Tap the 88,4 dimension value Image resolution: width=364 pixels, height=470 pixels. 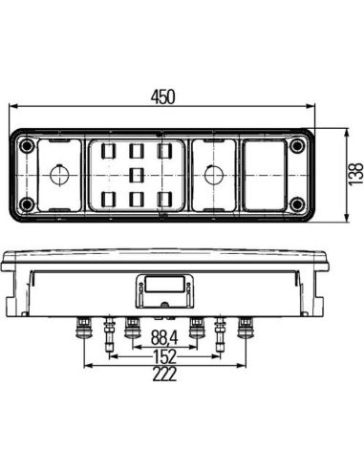(x=163, y=337)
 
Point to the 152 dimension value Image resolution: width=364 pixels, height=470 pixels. (x=163, y=355)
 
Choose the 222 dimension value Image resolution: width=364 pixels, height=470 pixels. (x=163, y=375)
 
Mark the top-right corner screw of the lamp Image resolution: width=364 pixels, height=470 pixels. (x=297, y=146)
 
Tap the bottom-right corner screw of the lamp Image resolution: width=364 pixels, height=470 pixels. (x=297, y=204)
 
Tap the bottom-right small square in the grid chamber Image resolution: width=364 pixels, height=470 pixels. (x=165, y=199)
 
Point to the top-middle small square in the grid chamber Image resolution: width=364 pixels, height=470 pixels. (x=136, y=150)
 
